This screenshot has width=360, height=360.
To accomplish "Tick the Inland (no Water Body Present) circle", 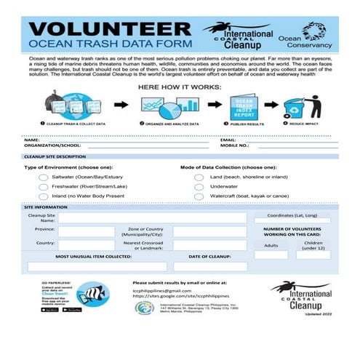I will pos(44,196).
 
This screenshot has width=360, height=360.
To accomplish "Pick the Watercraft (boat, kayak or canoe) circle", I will pos(199,196).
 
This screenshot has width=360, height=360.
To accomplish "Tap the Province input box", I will pos(86,231).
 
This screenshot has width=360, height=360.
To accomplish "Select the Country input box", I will pos(86,245).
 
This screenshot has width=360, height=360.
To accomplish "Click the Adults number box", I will pos(271,255).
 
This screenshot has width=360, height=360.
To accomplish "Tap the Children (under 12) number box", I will pos(313,255).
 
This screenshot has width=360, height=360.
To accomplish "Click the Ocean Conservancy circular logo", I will pos(314,31).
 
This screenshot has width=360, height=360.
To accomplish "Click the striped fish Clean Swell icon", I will pos(92,294).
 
